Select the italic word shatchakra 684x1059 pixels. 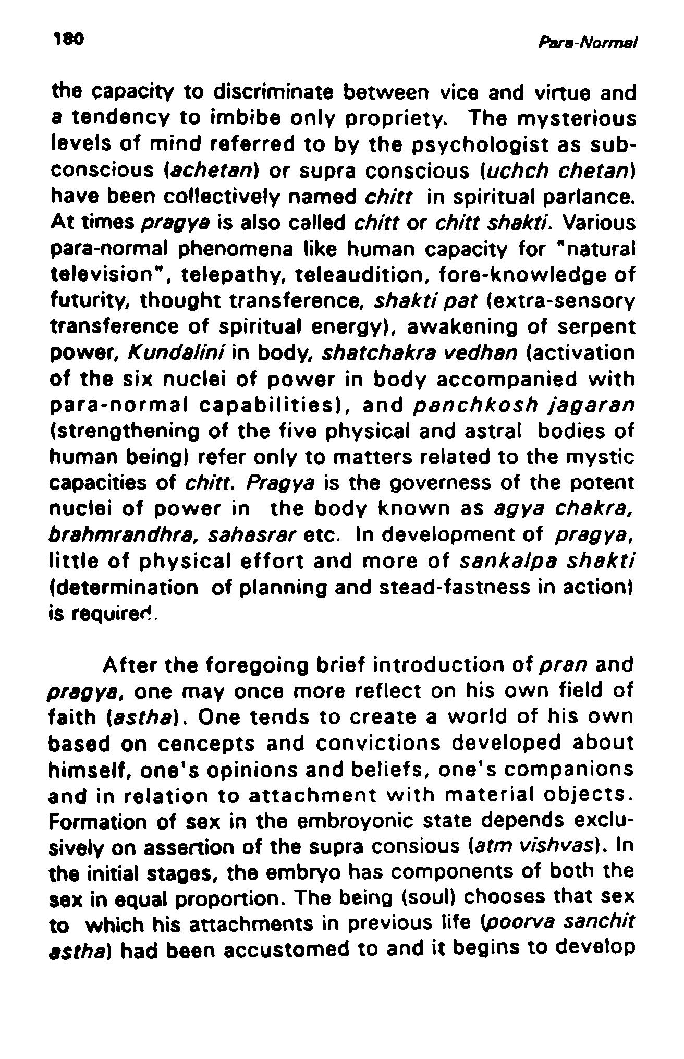(x=364, y=354)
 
